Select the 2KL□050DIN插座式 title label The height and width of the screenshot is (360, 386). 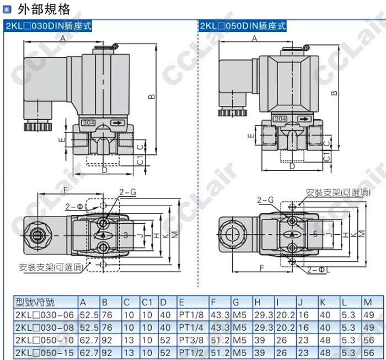(243, 25)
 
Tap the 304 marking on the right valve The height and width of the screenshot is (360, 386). (280, 119)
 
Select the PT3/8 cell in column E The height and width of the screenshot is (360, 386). (190, 340)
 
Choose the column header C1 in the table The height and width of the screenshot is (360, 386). (147, 302)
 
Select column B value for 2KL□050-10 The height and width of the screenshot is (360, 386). (106, 340)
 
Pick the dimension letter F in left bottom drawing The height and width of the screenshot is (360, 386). (65, 190)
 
